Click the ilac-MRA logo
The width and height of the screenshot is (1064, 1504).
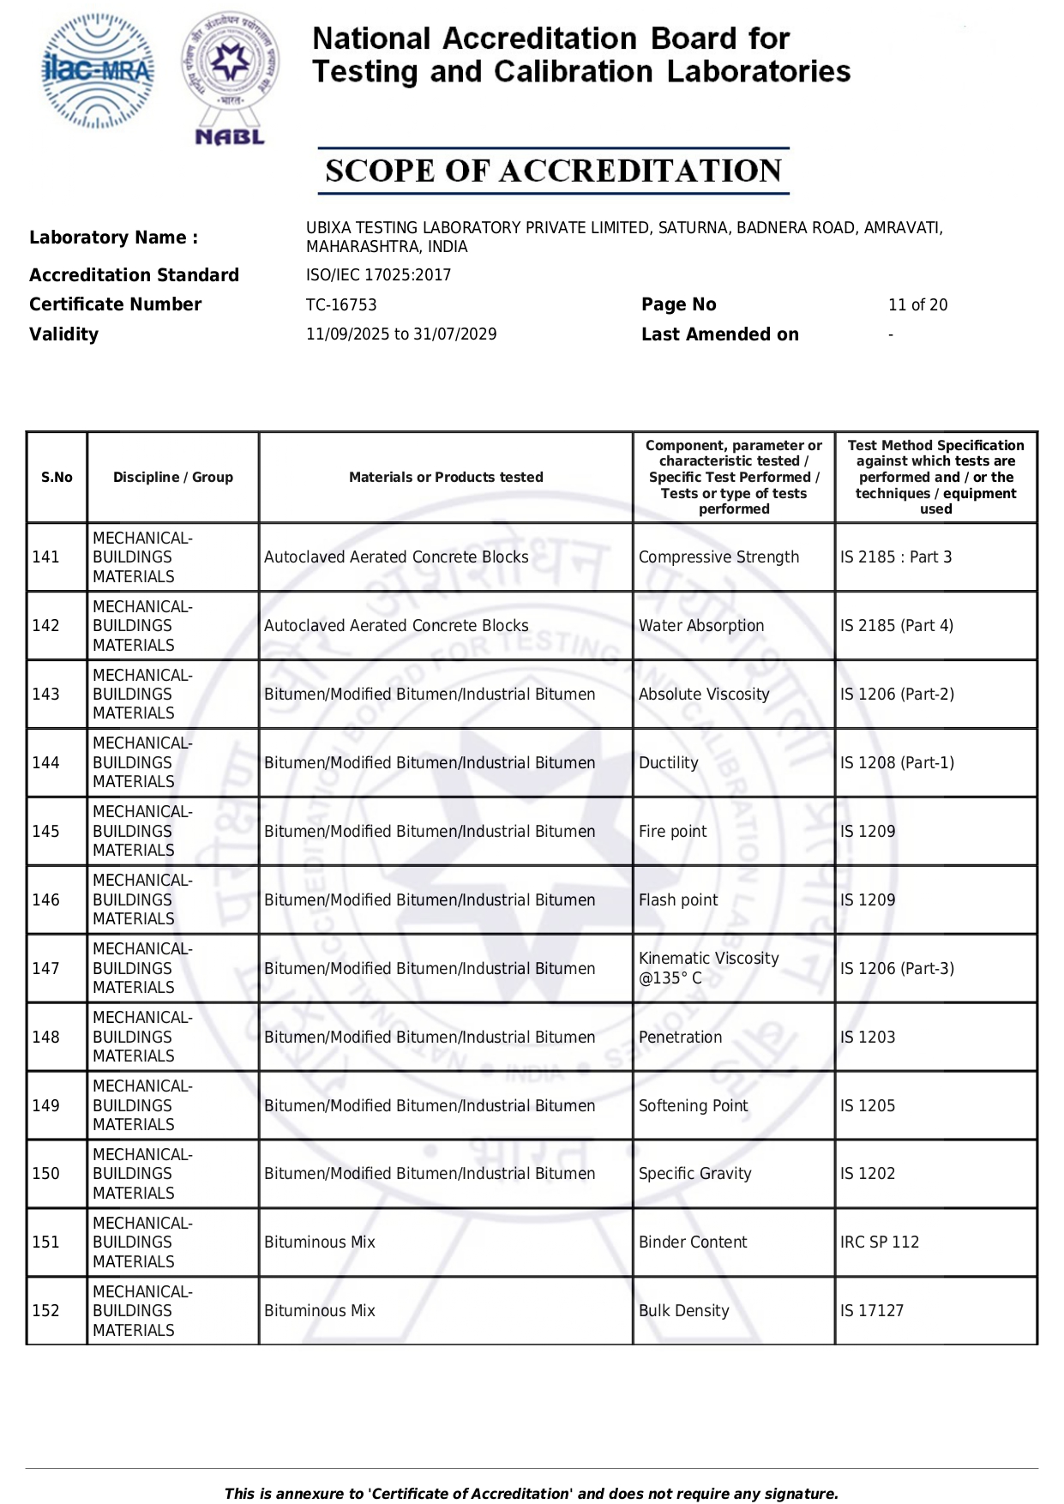point(99,71)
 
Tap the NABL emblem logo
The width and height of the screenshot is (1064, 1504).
point(230,77)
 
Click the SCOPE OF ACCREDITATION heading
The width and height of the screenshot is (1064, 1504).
point(553,171)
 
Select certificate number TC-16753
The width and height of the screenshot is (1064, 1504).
point(341,305)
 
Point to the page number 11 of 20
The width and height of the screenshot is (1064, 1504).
point(917,305)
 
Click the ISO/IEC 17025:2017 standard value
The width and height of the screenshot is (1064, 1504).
point(378,275)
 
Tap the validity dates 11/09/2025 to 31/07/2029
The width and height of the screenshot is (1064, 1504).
point(401,334)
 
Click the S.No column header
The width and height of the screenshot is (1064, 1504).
point(57,478)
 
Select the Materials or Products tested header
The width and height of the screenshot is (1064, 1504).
point(446,478)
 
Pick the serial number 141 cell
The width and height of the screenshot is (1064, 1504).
point(46,557)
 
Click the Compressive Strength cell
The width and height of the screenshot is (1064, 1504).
point(718,557)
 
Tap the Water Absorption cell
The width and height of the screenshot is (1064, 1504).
point(700,626)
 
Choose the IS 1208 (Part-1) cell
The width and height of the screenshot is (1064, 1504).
point(897,763)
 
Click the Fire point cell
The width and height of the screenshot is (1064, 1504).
point(672,832)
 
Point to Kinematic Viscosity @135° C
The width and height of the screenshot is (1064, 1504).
point(708,968)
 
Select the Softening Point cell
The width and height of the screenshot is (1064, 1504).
point(693,1106)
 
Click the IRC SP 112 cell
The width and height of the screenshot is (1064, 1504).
point(879,1242)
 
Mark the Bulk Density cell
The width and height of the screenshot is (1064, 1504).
point(683,1311)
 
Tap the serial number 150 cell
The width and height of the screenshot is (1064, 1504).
point(46,1174)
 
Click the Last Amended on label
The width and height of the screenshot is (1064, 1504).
point(719,334)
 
